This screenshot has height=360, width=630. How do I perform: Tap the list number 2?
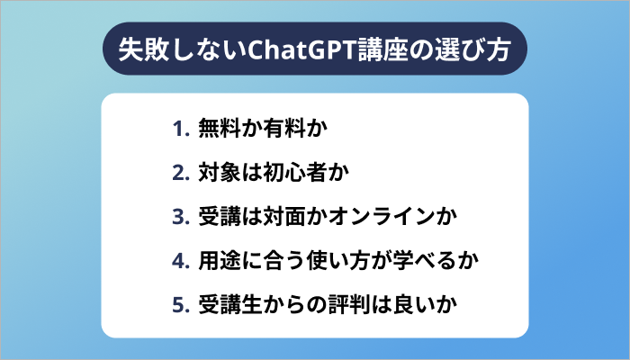pos(179,173)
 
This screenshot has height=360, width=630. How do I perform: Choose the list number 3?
pos(179,217)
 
